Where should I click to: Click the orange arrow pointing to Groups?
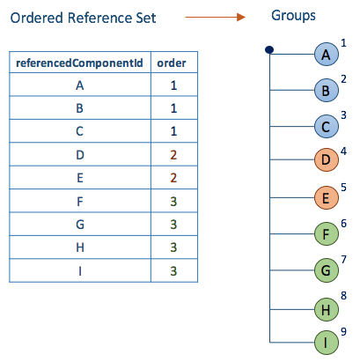point(215,17)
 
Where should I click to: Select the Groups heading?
point(293,16)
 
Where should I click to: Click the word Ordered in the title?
point(37,18)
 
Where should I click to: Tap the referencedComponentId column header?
point(79,63)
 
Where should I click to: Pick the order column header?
point(172,63)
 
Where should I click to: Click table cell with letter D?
point(80,154)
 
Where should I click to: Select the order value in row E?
point(173,178)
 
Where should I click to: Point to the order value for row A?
point(173,85)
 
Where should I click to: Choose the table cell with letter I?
point(80,270)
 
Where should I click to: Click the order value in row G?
point(173,225)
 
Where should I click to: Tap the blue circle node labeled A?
point(327,55)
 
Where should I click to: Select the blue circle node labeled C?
point(327,127)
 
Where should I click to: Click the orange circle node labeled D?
point(327,159)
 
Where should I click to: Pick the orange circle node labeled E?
point(327,197)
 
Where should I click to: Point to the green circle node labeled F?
point(327,234)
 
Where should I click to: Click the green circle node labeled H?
point(327,309)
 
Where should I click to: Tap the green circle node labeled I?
point(327,343)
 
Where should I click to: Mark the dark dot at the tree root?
point(269,50)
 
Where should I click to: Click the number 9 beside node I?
point(343,331)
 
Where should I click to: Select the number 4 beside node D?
point(343,151)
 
